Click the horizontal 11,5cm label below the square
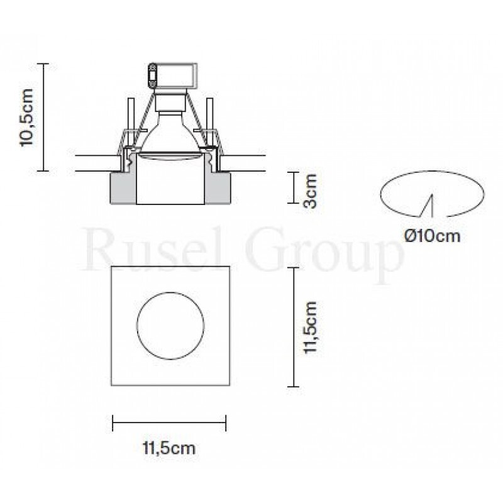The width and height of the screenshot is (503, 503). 169,448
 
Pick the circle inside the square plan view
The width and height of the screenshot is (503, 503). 170,325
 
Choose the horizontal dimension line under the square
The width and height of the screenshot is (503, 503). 169,423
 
